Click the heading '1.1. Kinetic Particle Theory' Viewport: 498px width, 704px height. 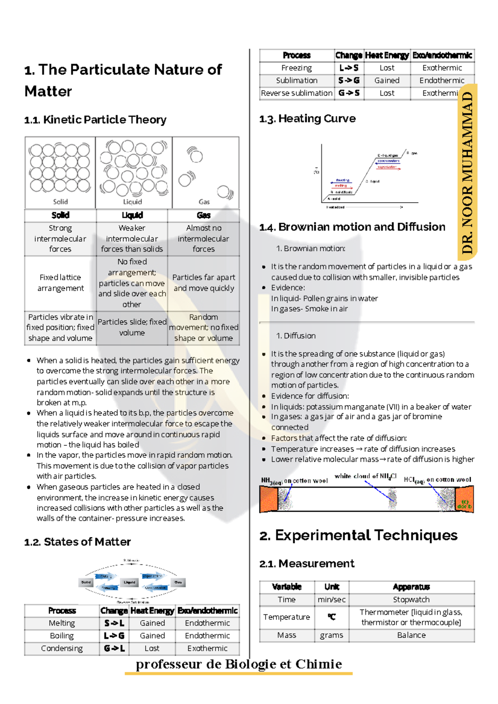coord(95,120)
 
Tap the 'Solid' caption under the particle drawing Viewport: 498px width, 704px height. coord(60,202)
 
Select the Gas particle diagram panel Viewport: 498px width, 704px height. coord(205,172)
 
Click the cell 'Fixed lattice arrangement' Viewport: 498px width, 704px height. coord(61,283)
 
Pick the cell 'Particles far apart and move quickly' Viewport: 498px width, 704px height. coord(203,283)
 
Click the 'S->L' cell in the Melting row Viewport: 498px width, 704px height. coord(114,623)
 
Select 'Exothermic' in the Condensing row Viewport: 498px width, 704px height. coord(207,648)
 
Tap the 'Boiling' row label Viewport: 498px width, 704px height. coord(62,636)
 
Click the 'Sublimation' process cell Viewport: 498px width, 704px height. coord(297,80)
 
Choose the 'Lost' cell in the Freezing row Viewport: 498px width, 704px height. coord(387,68)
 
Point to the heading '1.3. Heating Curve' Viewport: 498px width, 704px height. coord(307,119)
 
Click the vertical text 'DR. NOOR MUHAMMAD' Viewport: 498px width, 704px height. coord(468,172)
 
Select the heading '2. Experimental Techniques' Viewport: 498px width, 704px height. coord(359,535)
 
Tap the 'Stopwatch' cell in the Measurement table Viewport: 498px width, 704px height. coord(411,600)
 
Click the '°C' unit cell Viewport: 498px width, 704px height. coord(331,617)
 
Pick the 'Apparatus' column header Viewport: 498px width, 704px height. coord(411,587)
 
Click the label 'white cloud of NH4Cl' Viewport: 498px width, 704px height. coord(366,476)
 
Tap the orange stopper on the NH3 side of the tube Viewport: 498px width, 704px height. coord(269,499)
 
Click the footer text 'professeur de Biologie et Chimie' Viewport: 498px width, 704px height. coord(239,664)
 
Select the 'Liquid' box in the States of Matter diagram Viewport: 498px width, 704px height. coord(129,583)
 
